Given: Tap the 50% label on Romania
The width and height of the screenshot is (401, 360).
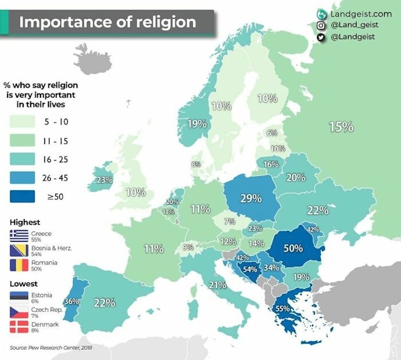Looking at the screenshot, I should (x=292, y=248).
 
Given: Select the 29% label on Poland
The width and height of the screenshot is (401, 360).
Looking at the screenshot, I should (x=251, y=198).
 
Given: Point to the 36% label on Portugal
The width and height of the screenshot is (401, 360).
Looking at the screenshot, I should (x=72, y=301).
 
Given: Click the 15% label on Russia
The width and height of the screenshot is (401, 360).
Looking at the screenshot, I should (x=341, y=127).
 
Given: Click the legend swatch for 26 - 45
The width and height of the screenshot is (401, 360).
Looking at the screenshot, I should (x=22, y=178).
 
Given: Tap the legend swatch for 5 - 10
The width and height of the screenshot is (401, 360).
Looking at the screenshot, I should (x=22, y=122).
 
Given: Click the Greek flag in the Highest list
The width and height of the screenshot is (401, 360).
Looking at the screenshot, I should (x=19, y=234).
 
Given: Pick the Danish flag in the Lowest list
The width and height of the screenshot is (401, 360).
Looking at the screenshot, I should (x=19, y=327).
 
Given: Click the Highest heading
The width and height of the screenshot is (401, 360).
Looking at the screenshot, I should (x=25, y=222).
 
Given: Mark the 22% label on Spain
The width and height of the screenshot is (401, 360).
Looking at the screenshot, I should (x=105, y=303).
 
